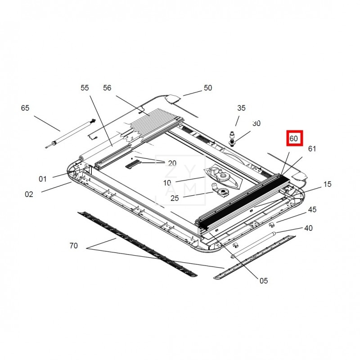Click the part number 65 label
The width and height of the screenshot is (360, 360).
25,108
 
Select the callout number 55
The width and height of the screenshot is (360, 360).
85,88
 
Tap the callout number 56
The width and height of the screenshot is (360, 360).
107,88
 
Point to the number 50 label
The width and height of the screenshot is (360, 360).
208,88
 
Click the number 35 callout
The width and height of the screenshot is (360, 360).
241,108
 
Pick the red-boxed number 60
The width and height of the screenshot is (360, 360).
294,139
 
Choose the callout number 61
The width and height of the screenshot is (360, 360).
312,149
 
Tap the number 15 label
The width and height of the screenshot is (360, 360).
328,184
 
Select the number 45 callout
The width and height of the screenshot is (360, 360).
312,209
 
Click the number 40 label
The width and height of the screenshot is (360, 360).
308,228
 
